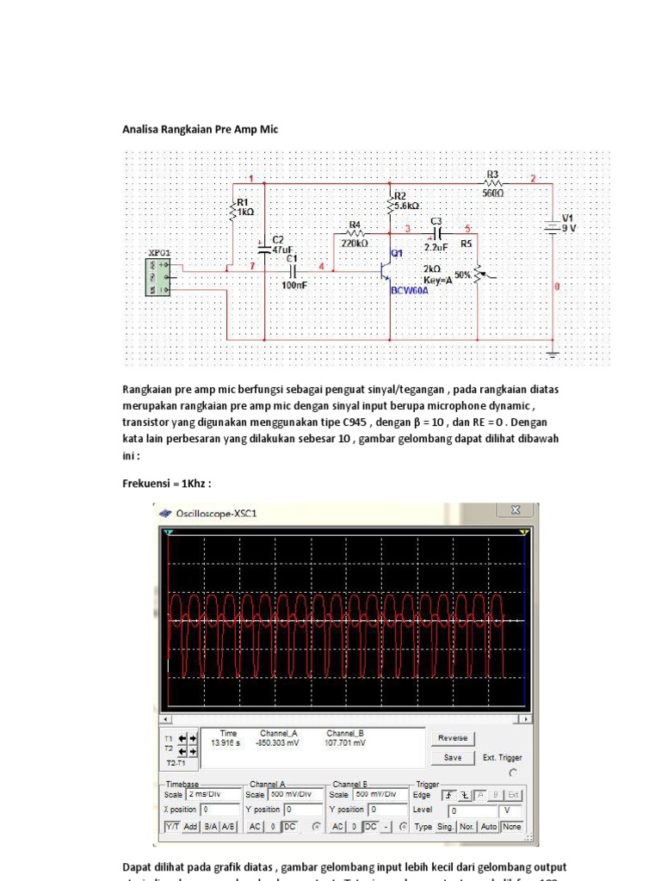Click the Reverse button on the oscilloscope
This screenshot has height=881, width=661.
click(x=452, y=738)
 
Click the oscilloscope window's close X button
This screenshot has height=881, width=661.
click(x=516, y=511)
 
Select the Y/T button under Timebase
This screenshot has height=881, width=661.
click(x=171, y=827)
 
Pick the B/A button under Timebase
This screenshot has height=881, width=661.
click(x=209, y=827)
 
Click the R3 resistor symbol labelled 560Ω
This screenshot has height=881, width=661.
click(x=492, y=182)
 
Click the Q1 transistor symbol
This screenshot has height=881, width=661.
click(x=385, y=269)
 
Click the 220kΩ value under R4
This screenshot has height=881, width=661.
click(x=355, y=243)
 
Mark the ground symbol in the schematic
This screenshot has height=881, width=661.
click(x=554, y=353)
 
